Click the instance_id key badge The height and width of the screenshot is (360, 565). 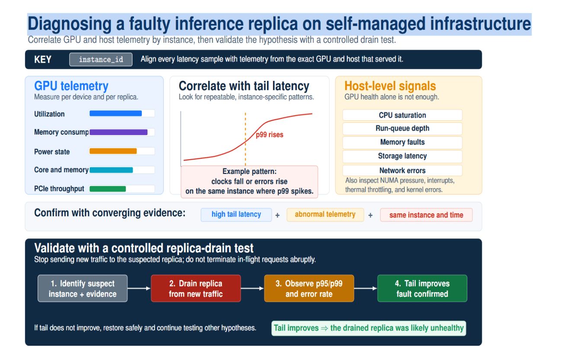click(x=101, y=60)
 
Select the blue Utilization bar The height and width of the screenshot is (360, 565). click(x=116, y=113)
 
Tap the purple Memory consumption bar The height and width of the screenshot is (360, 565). click(x=118, y=132)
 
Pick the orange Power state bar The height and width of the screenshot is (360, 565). click(x=113, y=151)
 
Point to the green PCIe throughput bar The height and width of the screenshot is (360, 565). click(x=108, y=189)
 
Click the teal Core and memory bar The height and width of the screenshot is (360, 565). click(x=111, y=170)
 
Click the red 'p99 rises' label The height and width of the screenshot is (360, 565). click(x=270, y=135)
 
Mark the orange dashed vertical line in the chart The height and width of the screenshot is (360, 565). click(x=245, y=139)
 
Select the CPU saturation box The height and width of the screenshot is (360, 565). click(x=402, y=115)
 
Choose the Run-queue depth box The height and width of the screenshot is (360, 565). click(x=402, y=129)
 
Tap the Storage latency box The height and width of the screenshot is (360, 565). click(x=402, y=156)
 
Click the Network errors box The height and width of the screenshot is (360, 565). click(x=402, y=170)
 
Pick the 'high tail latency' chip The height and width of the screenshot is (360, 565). click(x=236, y=215)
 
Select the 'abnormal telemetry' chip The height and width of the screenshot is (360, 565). click(x=325, y=215)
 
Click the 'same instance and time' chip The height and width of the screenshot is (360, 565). click(x=426, y=215)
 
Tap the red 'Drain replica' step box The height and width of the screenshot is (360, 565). click(x=196, y=288)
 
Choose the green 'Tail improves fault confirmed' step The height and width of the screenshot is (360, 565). click(x=422, y=288)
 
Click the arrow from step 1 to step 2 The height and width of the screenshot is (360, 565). click(x=139, y=288)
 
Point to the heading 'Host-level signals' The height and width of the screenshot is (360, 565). click(x=390, y=86)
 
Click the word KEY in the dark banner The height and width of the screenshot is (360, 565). click(x=43, y=60)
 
